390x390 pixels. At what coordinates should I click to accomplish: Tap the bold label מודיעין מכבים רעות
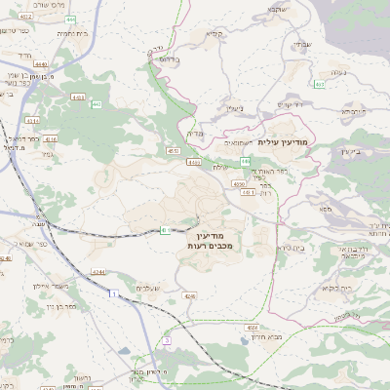[204, 242]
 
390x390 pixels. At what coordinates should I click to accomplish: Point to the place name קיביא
[214, 34]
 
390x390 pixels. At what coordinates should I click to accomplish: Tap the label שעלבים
[149, 289]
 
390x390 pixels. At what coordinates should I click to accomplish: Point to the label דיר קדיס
[291, 103]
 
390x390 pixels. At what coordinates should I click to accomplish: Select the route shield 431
[248, 192]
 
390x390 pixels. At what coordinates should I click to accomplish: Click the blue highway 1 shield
[114, 293]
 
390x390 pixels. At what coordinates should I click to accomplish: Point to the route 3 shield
[167, 340]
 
